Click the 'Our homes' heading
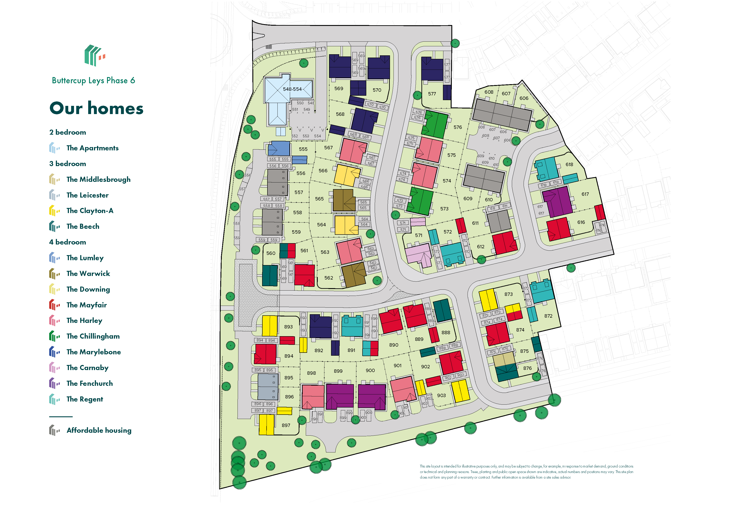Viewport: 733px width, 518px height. coord(96,108)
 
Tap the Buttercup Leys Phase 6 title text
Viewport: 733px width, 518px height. coord(93,80)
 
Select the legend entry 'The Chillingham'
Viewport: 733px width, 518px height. coord(93,336)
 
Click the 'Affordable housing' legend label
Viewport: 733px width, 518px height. coord(99,430)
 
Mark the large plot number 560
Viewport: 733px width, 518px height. coord(271,253)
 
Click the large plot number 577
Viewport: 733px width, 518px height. coord(432,94)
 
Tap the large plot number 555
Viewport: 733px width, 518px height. coord(303,149)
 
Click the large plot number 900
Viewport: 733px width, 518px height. coord(370,370)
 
